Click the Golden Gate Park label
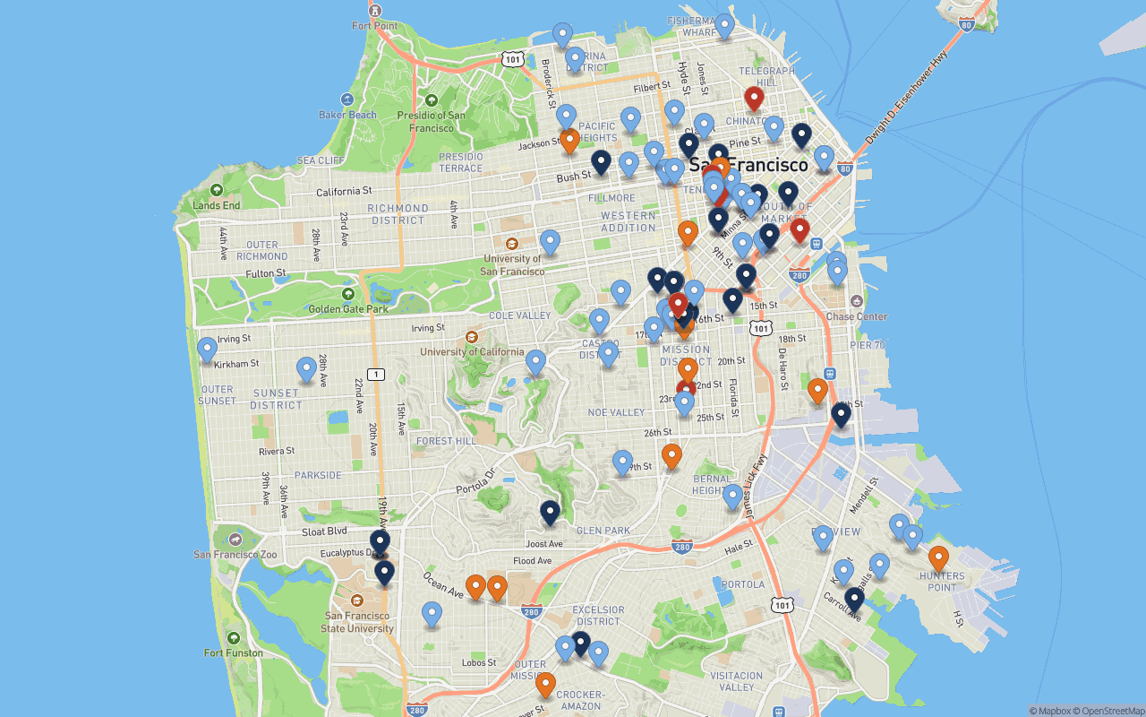click(x=349, y=309)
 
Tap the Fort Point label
click(x=374, y=26)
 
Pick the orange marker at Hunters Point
click(x=938, y=558)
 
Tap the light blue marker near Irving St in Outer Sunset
click(x=208, y=349)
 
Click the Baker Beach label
click(x=348, y=115)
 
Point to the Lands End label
click(x=217, y=205)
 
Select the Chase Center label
click(x=857, y=316)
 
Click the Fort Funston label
click(x=233, y=652)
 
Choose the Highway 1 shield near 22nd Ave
click(x=376, y=374)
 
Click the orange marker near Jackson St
click(x=569, y=141)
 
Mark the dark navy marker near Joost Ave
click(x=550, y=513)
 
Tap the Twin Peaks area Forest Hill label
click(x=447, y=441)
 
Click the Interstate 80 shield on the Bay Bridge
click(x=965, y=25)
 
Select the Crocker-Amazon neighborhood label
click(x=580, y=700)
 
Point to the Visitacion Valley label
click(x=737, y=681)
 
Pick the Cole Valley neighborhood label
click(x=520, y=315)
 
